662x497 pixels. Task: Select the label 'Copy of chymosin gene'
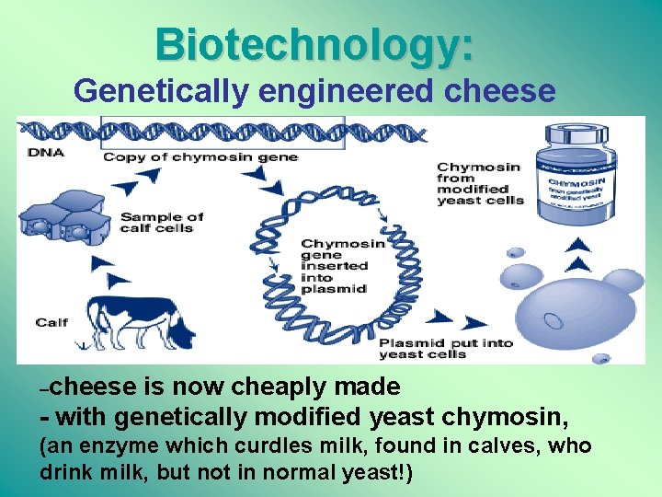coord(200,156)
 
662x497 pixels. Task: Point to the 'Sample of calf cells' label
coord(162,223)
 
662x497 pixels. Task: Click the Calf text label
coord(51,322)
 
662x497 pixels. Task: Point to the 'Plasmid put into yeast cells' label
coord(446,349)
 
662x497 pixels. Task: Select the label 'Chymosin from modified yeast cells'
coord(479,184)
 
